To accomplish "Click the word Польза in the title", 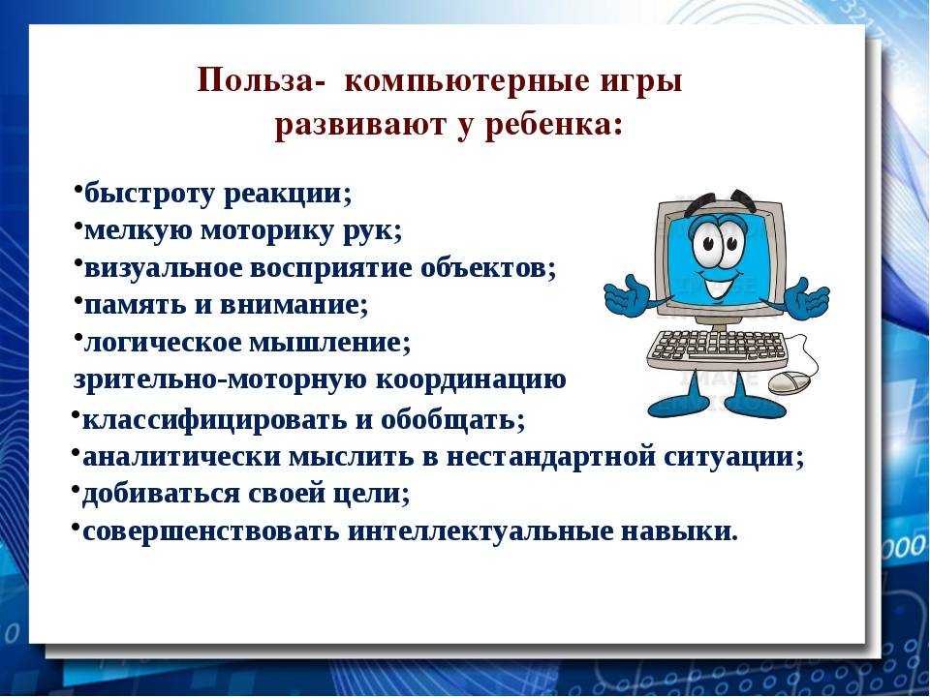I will tap(254, 80).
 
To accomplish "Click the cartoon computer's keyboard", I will tap(718, 346).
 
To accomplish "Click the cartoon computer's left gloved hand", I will tap(630, 295).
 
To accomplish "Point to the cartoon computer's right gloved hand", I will tap(805, 296).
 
